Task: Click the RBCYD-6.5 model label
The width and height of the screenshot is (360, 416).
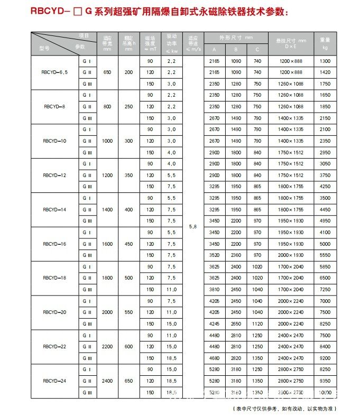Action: pyautogui.click(x=55, y=73)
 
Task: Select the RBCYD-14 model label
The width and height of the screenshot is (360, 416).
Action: pyautogui.click(x=55, y=209)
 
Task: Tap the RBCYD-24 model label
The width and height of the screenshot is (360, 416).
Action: pyautogui.click(x=55, y=381)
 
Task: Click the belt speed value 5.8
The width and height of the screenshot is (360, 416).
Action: pyautogui.click(x=193, y=227)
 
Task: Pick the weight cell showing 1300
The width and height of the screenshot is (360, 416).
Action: pyautogui.click(x=325, y=61)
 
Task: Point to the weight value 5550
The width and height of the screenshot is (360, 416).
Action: pyautogui.click(x=325, y=255)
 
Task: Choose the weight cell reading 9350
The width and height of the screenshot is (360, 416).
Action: pyautogui.click(x=325, y=381)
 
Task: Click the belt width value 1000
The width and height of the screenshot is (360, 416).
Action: pyautogui.click(x=107, y=141)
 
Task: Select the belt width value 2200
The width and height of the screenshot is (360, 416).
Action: pyautogui.click(x=107, y=346)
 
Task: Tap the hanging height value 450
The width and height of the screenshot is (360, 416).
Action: pyautogui.click(x=128, y=244)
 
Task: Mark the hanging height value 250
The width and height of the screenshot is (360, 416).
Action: pyautogui.click(x=128, y=107)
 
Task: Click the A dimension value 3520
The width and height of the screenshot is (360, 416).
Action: pyautogui.click(x=214, y=255)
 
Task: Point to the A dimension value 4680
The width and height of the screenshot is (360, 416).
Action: pyautogui.click(x=214, y=357)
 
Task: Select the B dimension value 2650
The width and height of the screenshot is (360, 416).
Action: pyautogui.click(x=236, y=323)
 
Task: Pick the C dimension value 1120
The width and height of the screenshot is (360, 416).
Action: pyautogui.click(x=257, y=323)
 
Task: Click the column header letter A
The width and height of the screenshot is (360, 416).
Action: pyautogui.click(x=214, y=49)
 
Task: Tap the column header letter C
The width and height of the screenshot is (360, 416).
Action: pyautogui.click(x=257, y=49)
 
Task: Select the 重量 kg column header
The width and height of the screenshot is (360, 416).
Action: pyautogui.click(x=325, y=43)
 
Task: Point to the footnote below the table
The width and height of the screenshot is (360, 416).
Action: pyautogui.click(x=284, y=408)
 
